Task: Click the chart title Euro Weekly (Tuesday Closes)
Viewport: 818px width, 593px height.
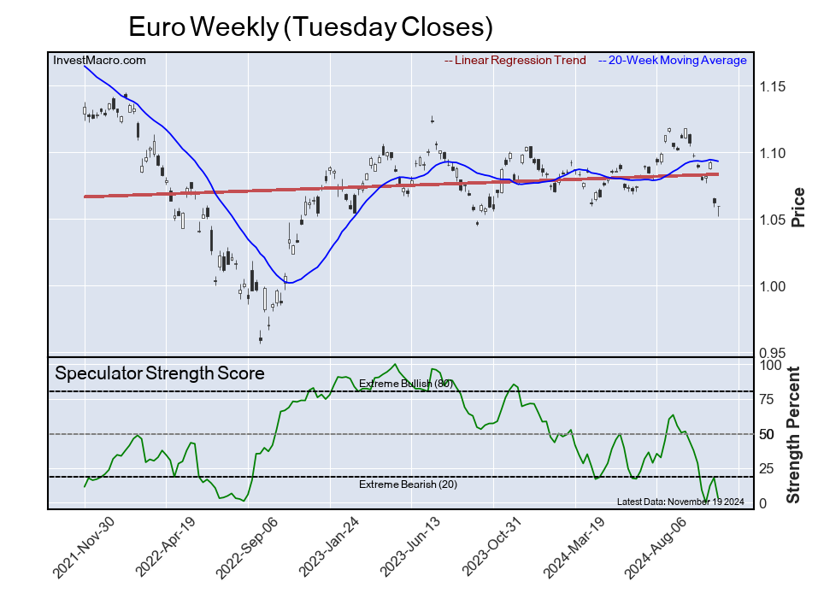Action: click(x=310, y=26)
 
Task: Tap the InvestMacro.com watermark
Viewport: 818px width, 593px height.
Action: click(x=99, y=60)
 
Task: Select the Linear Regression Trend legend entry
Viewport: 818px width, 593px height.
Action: click(x=515, y=61)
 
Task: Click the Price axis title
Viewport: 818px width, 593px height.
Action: click(x=798, y=206)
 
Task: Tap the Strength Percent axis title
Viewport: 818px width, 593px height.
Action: click(x=794, y=434)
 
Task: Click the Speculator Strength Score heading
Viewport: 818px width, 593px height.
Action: click(x=159, y=373)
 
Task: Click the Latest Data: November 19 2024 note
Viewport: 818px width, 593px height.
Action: click(x=680, y=502)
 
